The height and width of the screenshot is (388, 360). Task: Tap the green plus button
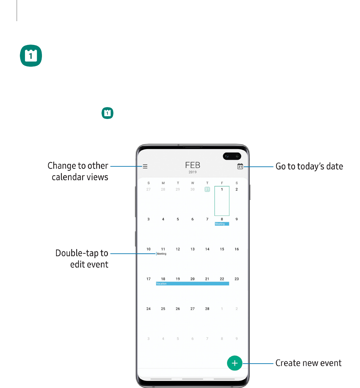click(x=234, y=363)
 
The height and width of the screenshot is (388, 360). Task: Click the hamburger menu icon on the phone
click(x=145, y=166)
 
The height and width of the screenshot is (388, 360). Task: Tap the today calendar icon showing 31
click(x=240, y=166)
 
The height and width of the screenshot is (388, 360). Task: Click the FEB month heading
click(x=192, y=165)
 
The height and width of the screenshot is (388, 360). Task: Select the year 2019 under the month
click(x=192, y=172)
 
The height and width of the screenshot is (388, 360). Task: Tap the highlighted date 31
click(x=207, y=189)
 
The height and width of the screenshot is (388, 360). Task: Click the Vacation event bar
click(x=192, y=283)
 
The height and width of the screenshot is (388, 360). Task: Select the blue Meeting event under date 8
click(x=222, y=224)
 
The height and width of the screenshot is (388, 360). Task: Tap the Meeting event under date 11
click(x=161, y=254)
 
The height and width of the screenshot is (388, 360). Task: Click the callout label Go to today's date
click(x=309, y=166)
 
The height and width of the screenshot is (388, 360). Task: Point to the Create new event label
click(x=308, y=363)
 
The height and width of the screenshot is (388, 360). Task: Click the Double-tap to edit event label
click(x=82, y=259)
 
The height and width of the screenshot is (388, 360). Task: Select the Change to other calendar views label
click(x=78, y=171)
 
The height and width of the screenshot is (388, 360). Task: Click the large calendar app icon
click(x=31, y=56)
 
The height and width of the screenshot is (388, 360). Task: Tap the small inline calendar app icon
click(x=107, y=113)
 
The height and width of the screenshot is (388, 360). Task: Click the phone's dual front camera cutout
click(x=232, y=156)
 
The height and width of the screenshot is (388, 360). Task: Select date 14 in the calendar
click(x=207, y=249)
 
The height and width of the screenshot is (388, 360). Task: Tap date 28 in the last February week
click(x=207, y=309)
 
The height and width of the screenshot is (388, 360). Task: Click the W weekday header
click(x=192, y=183)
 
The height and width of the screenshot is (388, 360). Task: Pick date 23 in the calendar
click(x=237, y=279)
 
